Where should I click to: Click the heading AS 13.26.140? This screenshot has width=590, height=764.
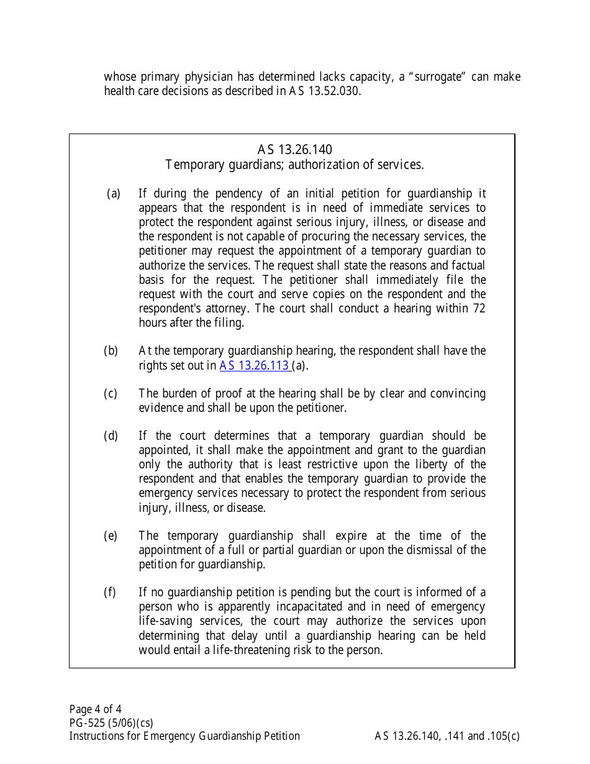[294, 150]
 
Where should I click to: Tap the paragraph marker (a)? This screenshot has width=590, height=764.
[114, 194]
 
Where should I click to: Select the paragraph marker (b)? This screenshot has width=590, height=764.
[111, 351]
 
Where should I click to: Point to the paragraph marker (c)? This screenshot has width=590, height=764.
[111, 394]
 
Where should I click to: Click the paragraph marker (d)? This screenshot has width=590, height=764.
[111, 436]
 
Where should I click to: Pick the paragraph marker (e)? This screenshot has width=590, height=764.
[111, 536]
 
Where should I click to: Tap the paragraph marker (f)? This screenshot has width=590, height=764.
[109, 593]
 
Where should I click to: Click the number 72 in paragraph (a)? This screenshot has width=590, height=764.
[478, 309]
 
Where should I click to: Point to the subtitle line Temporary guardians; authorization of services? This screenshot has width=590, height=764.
[294, 165]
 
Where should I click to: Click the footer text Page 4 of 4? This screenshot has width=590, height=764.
[95, 709]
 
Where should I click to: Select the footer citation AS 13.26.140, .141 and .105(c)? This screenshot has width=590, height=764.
[447, 737]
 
